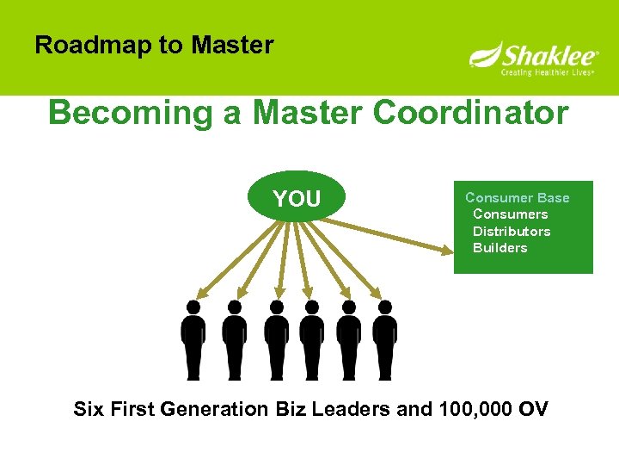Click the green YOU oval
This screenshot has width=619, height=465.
pos(297,199)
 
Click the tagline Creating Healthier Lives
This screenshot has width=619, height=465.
pos(548,73)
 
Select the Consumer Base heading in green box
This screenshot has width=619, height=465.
pos(517,197)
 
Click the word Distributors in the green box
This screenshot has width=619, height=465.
pos(512,231)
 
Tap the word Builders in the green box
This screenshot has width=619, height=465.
pos(500,248)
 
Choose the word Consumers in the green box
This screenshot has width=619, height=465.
pos(510,214)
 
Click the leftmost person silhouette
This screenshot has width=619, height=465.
pos(193,340)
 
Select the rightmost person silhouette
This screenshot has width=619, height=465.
pos(385,340)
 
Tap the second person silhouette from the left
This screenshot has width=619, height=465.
pos(234,340)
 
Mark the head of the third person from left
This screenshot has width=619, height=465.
pos(276,307)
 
